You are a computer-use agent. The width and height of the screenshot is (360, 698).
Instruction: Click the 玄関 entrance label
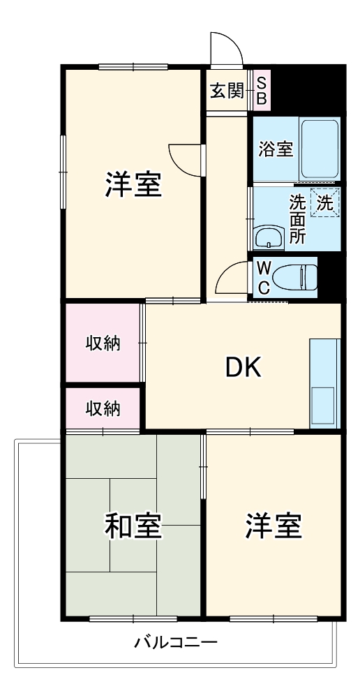(227, 91)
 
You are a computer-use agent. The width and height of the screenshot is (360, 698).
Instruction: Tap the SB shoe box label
(261, 90)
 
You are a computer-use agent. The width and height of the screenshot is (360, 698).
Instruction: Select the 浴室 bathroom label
(276, 149)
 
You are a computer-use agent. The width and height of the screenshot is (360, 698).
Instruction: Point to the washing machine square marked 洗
(325, 203)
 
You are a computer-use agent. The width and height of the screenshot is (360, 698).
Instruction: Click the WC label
(263, 277)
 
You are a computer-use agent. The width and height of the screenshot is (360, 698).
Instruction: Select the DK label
(243, 367)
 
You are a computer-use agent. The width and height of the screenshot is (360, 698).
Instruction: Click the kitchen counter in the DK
(324, 383)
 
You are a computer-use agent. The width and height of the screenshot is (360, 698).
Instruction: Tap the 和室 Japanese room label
(134, 527)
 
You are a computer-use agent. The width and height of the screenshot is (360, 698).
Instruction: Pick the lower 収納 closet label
(103, 408)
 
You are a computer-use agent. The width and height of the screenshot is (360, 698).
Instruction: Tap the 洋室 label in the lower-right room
(273, 527)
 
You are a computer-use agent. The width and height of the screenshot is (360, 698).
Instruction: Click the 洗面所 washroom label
(298, 218)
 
